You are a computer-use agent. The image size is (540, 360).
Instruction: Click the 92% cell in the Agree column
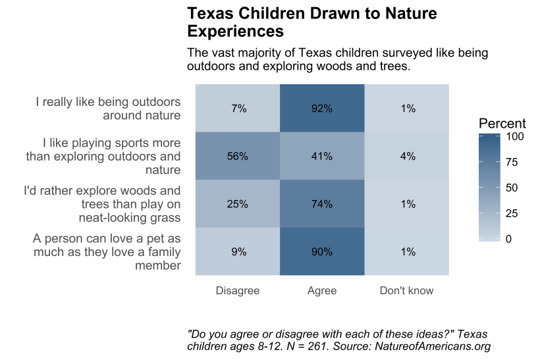pyautogui.click(x=322, y=109)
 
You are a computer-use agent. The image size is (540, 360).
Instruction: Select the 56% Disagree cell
pyautogui.click(x=238, y=157)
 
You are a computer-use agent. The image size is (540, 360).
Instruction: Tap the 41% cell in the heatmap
pyautogui.click(x=322, y=157)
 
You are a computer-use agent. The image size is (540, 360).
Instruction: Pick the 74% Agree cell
pyautogui.click(x=322, y=204)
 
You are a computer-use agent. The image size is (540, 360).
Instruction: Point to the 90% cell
pyautogui.click(x=322, y=251)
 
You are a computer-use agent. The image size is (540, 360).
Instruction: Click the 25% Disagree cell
pyautogui.click(x=238, y=204)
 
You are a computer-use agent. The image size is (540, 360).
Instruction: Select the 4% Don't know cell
pyautogui.click(x=407, y=157)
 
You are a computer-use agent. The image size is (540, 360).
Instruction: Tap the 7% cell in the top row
pyautogui.click(x=238, y=109)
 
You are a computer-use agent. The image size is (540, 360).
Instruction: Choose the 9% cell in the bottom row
pyautogui.click(x=238, y=251)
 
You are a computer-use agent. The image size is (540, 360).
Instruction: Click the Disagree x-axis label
pyautogui.click(x=238, y=290)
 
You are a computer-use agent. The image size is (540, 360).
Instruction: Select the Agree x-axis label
pyautogui.click(x=322, y=290)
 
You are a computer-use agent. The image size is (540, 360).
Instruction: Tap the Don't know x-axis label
pyautogui.click(x=407, y=290)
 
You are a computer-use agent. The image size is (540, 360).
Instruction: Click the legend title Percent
pyautogui.click(x=502, y=124)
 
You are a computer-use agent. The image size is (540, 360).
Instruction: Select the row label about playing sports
pyautogui.click(x=103, y=157)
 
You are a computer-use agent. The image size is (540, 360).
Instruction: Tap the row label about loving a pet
pyautogui.click(x=107, y=251)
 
